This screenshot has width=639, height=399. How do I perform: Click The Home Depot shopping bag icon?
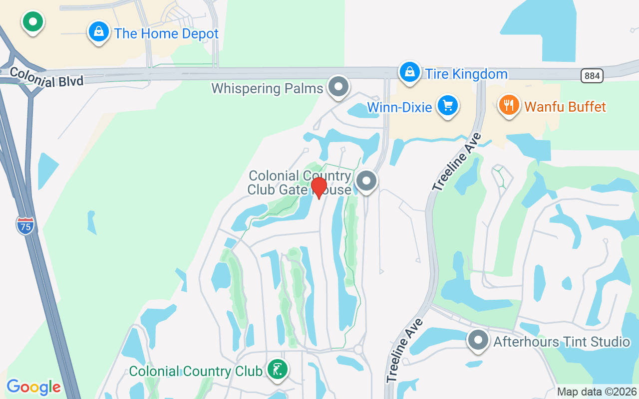99,32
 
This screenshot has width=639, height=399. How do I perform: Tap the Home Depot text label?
166,34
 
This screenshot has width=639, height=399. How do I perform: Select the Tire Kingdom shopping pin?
409,72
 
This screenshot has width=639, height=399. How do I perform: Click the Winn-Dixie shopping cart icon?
447,106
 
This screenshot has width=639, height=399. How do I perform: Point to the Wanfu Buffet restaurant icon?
509,105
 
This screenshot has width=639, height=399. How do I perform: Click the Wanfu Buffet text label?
565,107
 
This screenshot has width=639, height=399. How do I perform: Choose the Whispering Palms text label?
267,89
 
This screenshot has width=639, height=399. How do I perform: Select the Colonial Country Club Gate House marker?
367,181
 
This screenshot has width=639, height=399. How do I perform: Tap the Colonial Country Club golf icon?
277,370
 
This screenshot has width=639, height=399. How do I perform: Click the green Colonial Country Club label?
195,372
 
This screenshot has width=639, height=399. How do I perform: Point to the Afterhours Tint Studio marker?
478,340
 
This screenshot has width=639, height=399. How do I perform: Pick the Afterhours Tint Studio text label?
562,342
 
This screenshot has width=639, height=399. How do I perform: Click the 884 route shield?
592,76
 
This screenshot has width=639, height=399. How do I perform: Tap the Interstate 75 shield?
25,225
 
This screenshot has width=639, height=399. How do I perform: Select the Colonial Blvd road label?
46,77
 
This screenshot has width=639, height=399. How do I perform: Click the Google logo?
33,387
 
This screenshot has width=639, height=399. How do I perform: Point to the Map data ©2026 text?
597,392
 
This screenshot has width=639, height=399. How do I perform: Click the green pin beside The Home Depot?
33,22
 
